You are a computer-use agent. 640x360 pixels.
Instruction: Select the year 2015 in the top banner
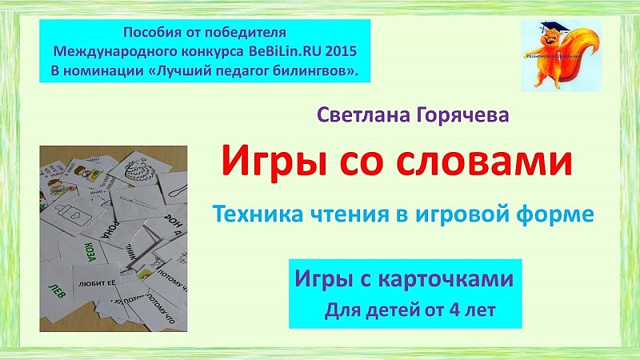tap(338, 50)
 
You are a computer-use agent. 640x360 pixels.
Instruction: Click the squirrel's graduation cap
tap(554, 28)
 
